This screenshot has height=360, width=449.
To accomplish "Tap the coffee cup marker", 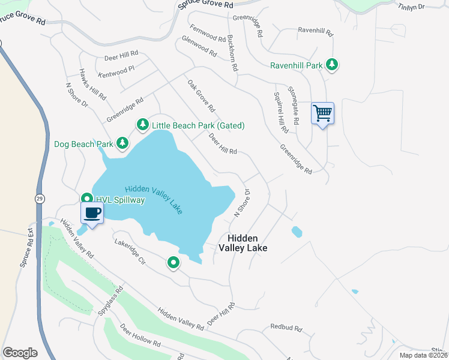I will pos(92,213).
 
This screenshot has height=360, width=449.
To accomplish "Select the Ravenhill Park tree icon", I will pos(331,65).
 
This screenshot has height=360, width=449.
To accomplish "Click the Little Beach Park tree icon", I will pos(142,125).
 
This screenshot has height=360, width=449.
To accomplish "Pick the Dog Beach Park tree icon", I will pos(122,143).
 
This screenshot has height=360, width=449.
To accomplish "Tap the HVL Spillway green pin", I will pos(86,199).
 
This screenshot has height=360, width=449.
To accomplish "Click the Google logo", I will pos(20,352).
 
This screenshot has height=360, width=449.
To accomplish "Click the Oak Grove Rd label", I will pos(200,96).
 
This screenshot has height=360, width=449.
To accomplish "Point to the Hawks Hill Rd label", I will pos(92,83).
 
